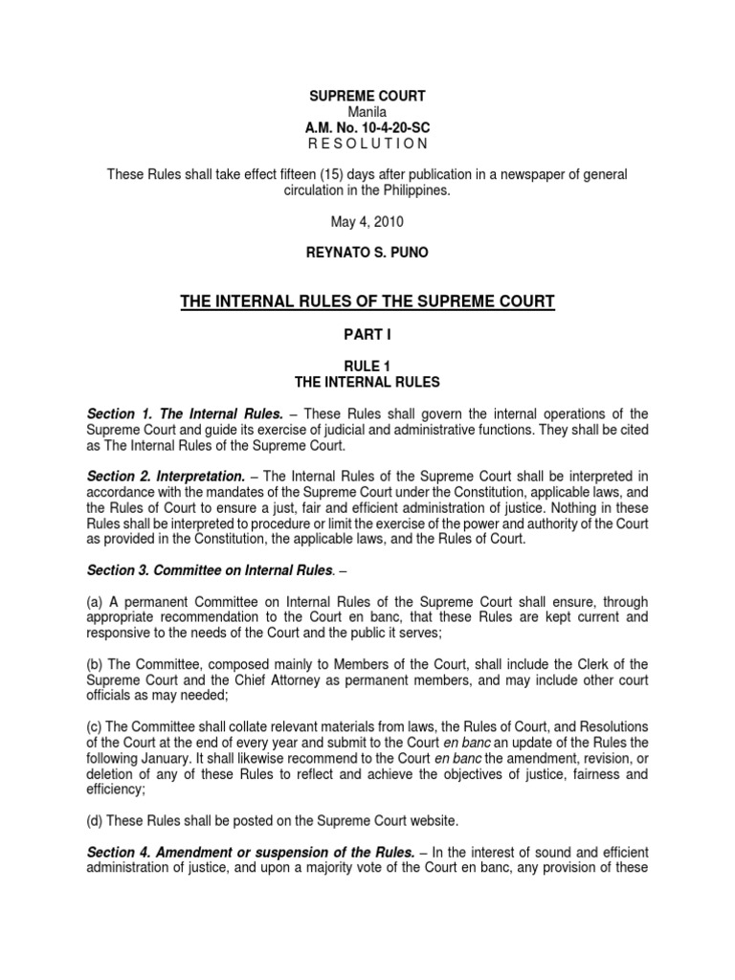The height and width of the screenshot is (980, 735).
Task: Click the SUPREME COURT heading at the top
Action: [367, 99]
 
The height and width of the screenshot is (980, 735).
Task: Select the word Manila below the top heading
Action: [367, 113]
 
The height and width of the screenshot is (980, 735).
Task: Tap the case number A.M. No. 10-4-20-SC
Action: [367, 127]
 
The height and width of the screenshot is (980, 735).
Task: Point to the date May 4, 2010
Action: [367, 220]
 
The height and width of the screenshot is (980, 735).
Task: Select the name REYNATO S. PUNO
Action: [367, 251]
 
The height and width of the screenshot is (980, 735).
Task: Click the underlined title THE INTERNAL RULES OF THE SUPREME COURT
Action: [367, 303]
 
